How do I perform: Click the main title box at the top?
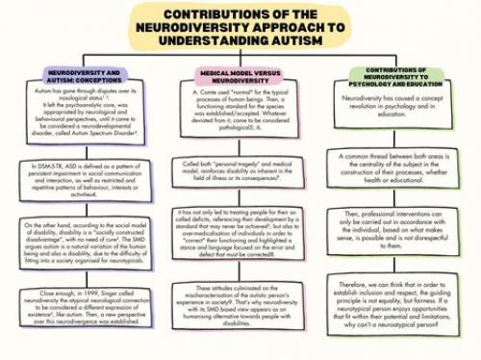point(240,25)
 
